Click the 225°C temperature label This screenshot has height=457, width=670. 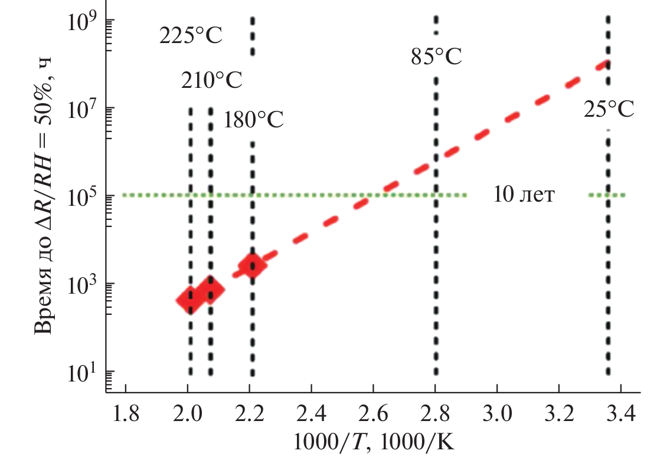[x=191, y=37]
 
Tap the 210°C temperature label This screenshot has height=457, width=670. [x=211, y=80]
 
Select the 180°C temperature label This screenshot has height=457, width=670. [x=253, y=120]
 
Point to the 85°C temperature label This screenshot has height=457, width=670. [x=436, y=57]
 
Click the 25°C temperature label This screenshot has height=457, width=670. [x=609, y=109]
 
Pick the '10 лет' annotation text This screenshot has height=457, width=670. [x=524, y=195]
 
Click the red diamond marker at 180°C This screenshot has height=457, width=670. [x=253, y=267]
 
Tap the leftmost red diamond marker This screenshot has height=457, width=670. [x=190, y=300]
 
